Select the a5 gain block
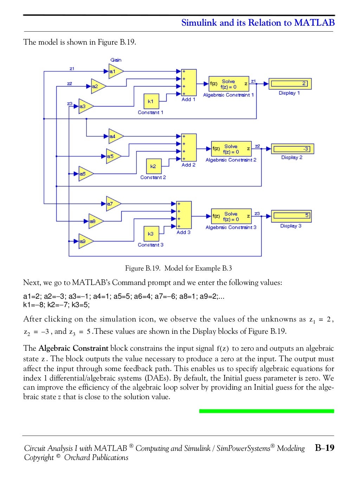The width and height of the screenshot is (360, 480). tap(113, 156)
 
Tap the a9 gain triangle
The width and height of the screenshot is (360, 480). tap(85, 241)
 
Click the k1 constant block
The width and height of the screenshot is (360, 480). tap(151, 101)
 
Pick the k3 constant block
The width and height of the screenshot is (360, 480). tap(151, 234)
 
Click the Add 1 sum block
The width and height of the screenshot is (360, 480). tap(188, 82)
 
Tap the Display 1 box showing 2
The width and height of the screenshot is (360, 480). tap(289, 84)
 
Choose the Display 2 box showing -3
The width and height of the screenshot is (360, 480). tap(292, 149)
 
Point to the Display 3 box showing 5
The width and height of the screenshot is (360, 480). tap(291, 215)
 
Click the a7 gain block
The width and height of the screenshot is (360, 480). tap(113, 203)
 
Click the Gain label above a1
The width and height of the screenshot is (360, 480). tap(116, 60)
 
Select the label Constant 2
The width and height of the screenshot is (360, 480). tap(153, 177)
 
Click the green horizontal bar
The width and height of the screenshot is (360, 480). tap(266, 411)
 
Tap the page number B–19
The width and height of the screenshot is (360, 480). tap(324, 448)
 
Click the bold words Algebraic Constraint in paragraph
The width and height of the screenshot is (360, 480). tap(73, 348)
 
